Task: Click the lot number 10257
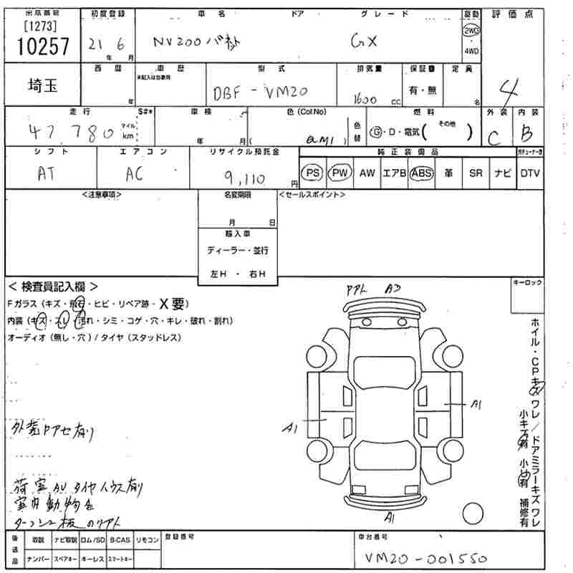[42, 47]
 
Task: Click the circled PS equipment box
[312, 173]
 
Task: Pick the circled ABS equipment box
[423, 173]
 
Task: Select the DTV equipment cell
[530, 173]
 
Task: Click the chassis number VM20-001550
[421, 558]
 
